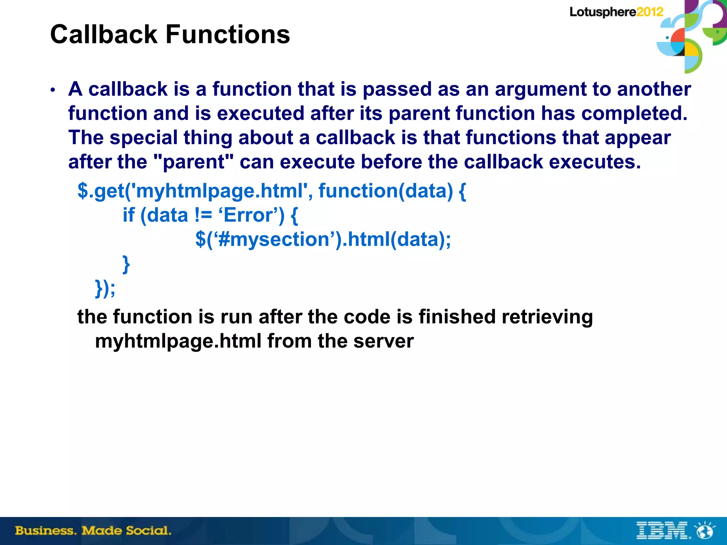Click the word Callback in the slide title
pyautogui.click(x=104, y=34)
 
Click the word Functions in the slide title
pyautogui.click(x=228, y=34)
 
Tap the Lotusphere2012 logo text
pyautogui.click(x=616, y=12)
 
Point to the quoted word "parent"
pyautogui.click(x=195, y=162)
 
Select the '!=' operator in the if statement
pyautogui.click(x=203, y=215)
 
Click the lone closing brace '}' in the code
pyautogui.click(x=126, y=264)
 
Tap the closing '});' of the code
pyautogui.click(x=105, y=288)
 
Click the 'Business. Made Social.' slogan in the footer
pyautogui.click(x=93, y=531)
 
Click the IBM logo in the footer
pyautogui.click(x=662, y=531)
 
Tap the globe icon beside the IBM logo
pyautogui.click(x=705, y=531)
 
